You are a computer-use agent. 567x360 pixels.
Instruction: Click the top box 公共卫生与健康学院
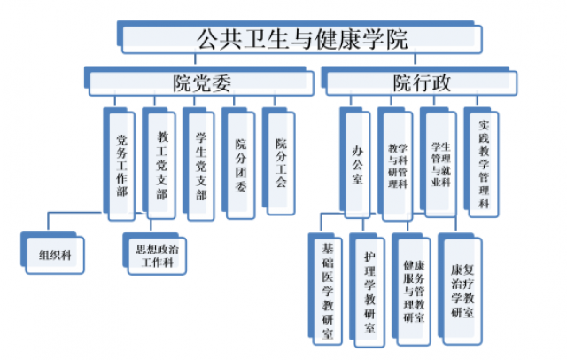301,39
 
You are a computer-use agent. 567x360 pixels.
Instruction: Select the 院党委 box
202,82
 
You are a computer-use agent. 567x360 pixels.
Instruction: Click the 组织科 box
54,252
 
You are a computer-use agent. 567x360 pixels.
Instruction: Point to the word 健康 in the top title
332,39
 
